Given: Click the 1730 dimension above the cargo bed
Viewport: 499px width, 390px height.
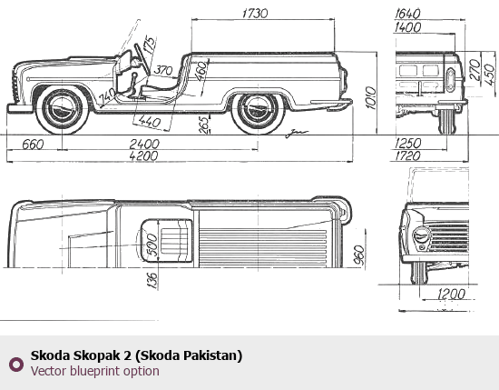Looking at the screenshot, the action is tap(255, 13).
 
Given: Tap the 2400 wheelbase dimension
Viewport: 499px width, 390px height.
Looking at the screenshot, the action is tap(144, 145).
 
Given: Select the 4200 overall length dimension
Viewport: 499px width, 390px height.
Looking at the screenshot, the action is tap(143, 156).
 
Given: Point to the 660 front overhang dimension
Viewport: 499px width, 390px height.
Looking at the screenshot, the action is tap(33, 145).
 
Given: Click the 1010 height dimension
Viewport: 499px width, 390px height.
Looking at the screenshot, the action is tap(371, 97).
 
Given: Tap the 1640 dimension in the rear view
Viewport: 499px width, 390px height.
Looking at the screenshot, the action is tap(407, 14).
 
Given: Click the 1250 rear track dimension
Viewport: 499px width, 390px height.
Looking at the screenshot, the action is tap(408, 143).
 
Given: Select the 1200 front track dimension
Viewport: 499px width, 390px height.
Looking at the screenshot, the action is tap(452, 294).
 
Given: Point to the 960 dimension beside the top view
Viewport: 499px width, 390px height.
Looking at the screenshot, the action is tap(359, 255).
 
